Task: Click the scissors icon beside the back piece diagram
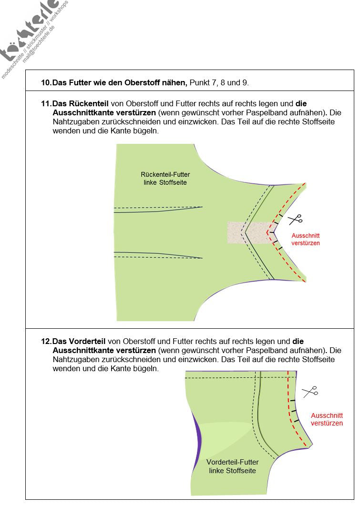click(296, 219)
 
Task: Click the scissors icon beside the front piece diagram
click(310, 391)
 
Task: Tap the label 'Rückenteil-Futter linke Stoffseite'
click(165, 179)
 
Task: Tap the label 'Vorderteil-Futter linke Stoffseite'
click(232, 466)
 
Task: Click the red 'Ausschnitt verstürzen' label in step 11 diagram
click(306, 239)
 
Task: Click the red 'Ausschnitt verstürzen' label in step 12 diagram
click(327, 419)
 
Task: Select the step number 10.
click(46, 83)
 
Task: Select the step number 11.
click(46, 103)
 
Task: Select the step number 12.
click(46, 341)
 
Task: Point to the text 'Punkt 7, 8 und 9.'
click(219, 83)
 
